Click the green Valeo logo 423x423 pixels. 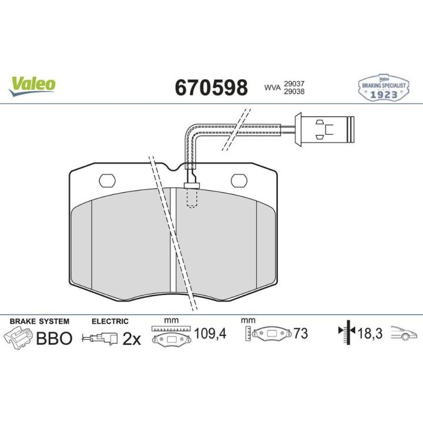(32, 86)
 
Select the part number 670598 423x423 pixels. (211, 88)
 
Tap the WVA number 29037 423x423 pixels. (294, 84)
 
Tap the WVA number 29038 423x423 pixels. (294, 92)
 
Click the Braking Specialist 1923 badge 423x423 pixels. (383, 88)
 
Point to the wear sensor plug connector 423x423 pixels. (324, 130)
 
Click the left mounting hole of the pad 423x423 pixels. (108, 180)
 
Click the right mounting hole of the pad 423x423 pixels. (239, 180)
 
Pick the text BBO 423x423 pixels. (54, 338)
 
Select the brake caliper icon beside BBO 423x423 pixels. (18, 338)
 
